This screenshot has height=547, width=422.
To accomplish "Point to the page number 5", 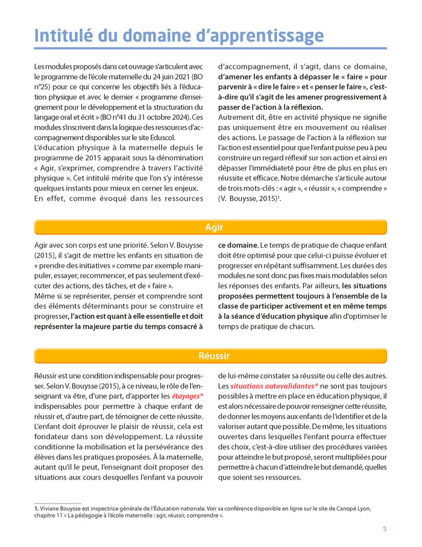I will [x=385, y=529].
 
